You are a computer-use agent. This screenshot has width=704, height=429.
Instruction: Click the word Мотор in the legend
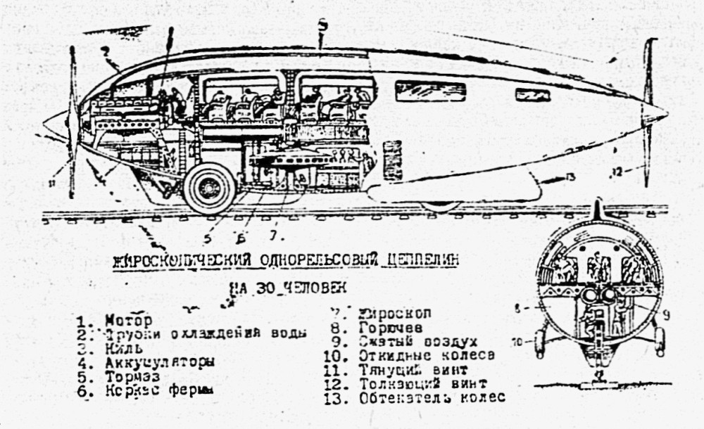pos(129,320)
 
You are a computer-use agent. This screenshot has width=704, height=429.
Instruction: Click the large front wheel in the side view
pos(209,188)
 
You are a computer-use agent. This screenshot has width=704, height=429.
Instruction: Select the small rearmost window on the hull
pos(532,95)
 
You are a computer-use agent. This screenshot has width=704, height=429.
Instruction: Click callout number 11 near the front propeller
pos(51,184)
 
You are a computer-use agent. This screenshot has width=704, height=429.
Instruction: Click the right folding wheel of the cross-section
pos(659,341)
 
